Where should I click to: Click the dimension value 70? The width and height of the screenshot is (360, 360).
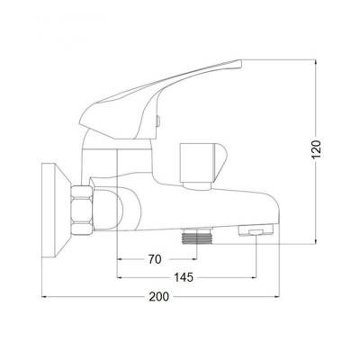coord(155,259)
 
